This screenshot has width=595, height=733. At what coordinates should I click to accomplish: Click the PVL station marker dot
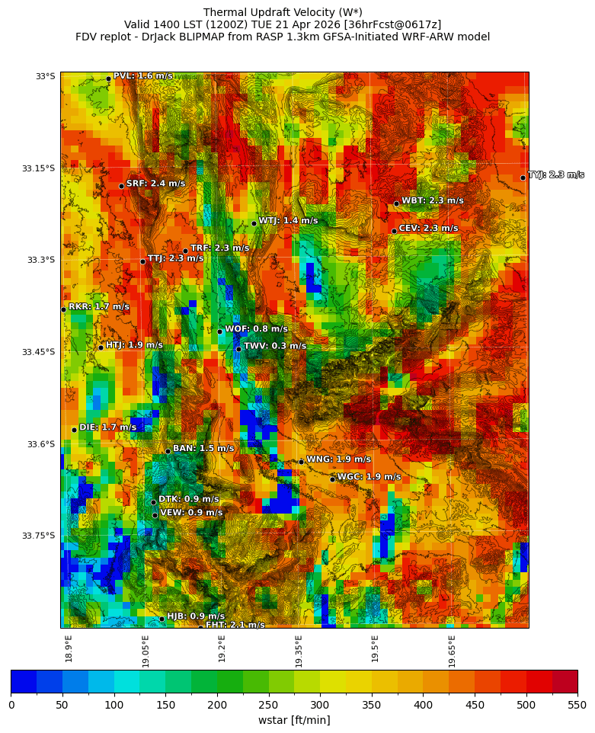[x=108, y=78]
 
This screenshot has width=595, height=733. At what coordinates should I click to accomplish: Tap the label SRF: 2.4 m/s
[x=155, y=184]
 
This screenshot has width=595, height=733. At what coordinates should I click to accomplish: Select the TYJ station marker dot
[x=523, y=178]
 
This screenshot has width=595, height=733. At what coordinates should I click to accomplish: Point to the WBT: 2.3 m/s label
[x=432, y=201]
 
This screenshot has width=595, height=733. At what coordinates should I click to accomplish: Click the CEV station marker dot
[x=394, y=231]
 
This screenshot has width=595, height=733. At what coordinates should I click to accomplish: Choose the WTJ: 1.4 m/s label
[x=288, y=221]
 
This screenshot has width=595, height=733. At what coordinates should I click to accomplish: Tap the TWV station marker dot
[x=238, y=349]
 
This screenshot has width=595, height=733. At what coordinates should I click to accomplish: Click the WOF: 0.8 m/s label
[x=256, y=329]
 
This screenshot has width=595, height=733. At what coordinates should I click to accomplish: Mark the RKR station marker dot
[x=63, y=309]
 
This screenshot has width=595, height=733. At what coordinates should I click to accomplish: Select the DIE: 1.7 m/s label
[x=107, y=427]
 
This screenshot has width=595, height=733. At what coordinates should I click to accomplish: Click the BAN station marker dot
[x=168, y=451]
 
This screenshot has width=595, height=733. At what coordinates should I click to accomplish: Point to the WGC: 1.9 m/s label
[x=369, y=477]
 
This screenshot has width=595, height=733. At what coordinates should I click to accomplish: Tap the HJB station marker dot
[x=162, y=619]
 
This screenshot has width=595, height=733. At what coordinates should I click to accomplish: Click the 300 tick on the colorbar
[x=320, y=705]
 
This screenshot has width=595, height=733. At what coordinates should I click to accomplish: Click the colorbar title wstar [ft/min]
[x=293, y=720]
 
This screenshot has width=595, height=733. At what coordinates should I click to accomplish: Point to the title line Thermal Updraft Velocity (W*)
[x=283, y=12]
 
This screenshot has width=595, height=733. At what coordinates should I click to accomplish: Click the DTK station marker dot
[x=153, y=502]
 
